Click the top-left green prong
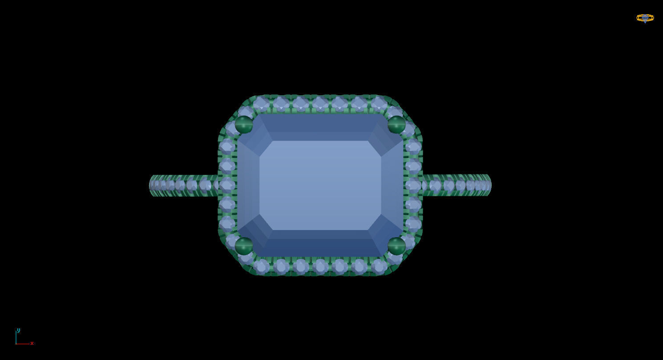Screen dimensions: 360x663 pos(244,125)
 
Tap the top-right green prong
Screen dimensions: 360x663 pos(396,125)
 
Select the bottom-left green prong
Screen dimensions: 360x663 pos(244,246)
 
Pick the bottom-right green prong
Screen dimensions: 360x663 pos(396,246)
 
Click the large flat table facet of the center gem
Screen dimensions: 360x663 pos(320,185)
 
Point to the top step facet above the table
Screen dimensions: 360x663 pos(320,127)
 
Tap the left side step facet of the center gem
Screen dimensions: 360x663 pos(248,185)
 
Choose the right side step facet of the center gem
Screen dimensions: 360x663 pos(392,185)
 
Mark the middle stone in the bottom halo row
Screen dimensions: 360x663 pos(320,267)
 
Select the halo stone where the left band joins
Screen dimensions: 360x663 pos(227,185)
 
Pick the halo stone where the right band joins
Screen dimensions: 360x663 pos(413,185)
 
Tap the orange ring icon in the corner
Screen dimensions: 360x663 pos(645,18)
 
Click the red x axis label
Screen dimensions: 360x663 pos(32,343)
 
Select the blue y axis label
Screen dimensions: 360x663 pos(18,330)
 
